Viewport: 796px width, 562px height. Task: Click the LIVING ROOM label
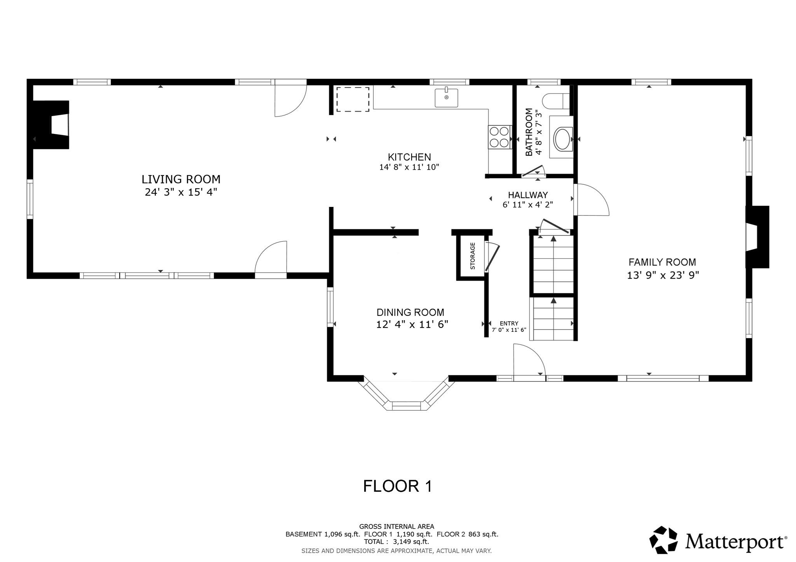click(181, 179)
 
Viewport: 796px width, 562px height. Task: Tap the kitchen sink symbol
click(446, 97)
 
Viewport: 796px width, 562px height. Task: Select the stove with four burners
click(499, 137)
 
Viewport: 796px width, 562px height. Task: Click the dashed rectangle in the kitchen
click(353, 99)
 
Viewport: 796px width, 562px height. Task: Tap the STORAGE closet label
click(473, 256)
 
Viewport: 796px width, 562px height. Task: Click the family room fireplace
click(756, 237)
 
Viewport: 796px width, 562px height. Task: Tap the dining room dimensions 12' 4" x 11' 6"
click(412, 324)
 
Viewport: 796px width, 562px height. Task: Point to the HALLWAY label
click(528, 195)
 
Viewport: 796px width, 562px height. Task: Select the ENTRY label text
click(509, 323)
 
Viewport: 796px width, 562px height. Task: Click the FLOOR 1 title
click(397, 486)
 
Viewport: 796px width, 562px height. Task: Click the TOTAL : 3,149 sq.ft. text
click(396, 541)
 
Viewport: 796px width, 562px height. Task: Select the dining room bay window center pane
click(406, 406)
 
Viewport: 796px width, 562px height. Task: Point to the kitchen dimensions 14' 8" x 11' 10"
click(409, 167)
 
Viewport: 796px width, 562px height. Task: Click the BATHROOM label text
click(529, 132)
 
